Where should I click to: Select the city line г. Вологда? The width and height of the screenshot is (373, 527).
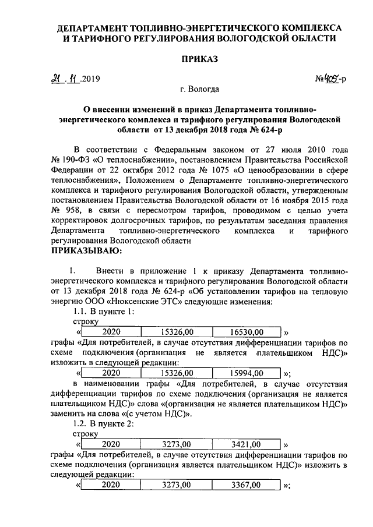click(200, 90)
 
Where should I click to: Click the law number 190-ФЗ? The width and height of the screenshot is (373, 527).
click(75, 158)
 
